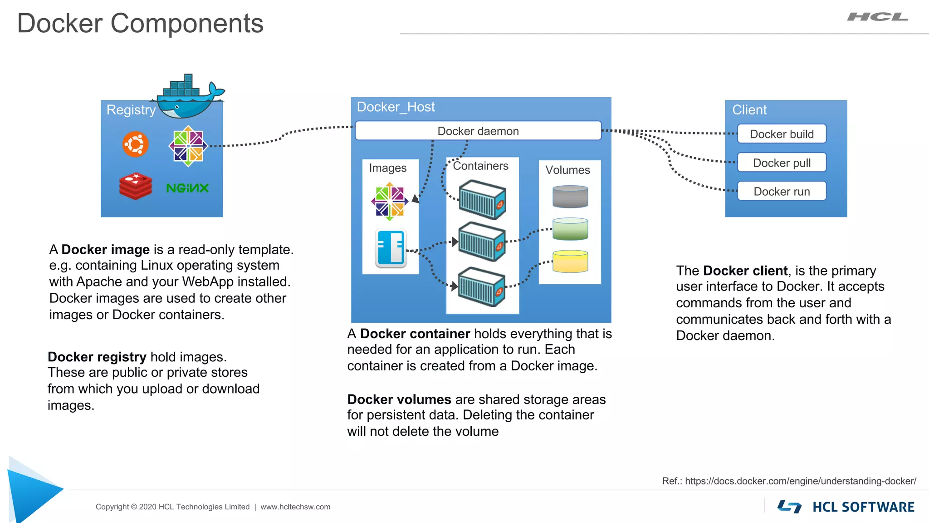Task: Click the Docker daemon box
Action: pyautogui.click(x=478, y=131)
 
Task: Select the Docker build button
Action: pyautogui.click(x=782, y=134)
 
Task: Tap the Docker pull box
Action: pyautogui.click(x=782, y=163)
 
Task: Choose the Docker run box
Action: pyautogui.click(x=782, y=191)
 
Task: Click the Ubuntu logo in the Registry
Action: pyautogui.click(x=135, y=144)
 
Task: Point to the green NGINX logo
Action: pyautogui.click(x=187, y=188)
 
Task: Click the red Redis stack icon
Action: pyautogui.click(x=135, y=186)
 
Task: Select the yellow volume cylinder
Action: pyautogui.click(x=570, y=261)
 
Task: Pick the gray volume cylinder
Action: pyautogui.click(x=570, y=197)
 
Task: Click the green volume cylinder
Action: pyautogui.click(x=570, y=229)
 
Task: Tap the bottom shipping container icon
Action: pyautogui.click(x=482, y=287)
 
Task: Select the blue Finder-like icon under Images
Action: pyautogui.click(x=391, y=248)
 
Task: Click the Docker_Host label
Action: pyautogui.click(x=396, y=107)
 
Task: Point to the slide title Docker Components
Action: pyautogui.click(x=140, y=23)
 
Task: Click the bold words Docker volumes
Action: pyautogui.click(x=399, y=400)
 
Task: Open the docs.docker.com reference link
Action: pyautogui.click(x=800, y=481)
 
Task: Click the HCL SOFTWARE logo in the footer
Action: pyautogui.click(x=846, y=507)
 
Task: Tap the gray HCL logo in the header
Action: pyautogui.click(x=877, y=17)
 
